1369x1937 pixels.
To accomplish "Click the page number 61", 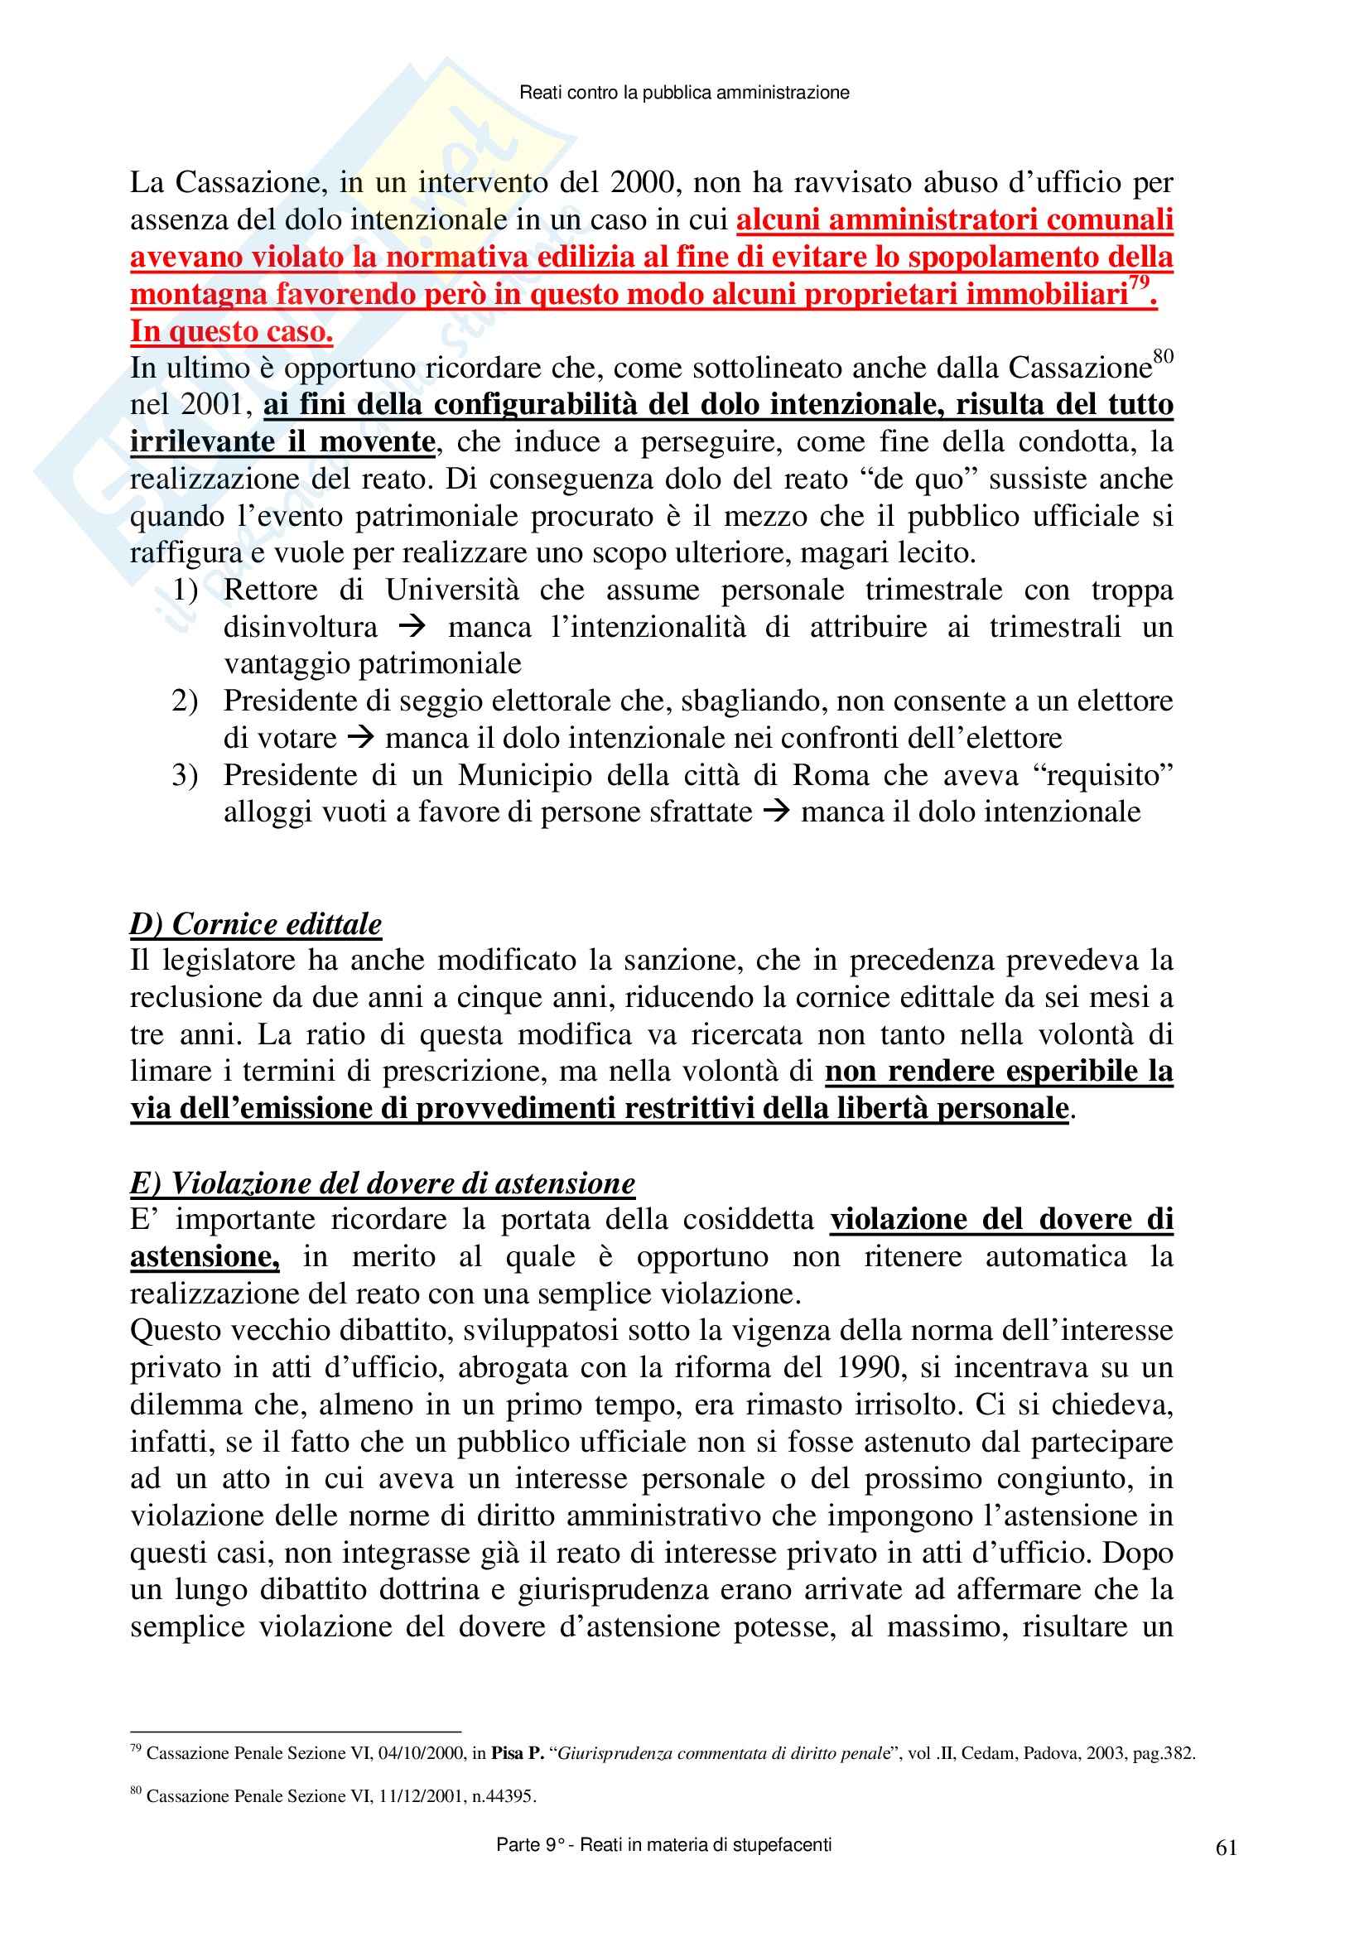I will [1227, 1847].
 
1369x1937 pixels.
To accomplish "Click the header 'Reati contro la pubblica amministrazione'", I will [684, 93].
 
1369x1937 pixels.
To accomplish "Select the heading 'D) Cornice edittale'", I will [256, 924].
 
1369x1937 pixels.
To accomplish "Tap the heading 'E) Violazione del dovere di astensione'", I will [382, 1183].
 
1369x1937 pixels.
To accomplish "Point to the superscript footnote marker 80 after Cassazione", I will [1163, 357].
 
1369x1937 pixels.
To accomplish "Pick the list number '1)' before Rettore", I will [186, 590].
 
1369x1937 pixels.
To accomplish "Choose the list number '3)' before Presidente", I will [186, 775].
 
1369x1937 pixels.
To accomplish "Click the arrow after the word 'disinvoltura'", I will [413, 628].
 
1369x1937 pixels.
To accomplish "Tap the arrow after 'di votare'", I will [360, 739].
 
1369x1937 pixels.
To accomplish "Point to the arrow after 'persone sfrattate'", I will [776, 812].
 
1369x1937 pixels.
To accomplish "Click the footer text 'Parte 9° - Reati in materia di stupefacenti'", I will [664, 1845].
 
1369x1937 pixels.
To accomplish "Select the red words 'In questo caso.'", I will [231, 331].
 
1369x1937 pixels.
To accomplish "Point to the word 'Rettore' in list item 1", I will [271, 590].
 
